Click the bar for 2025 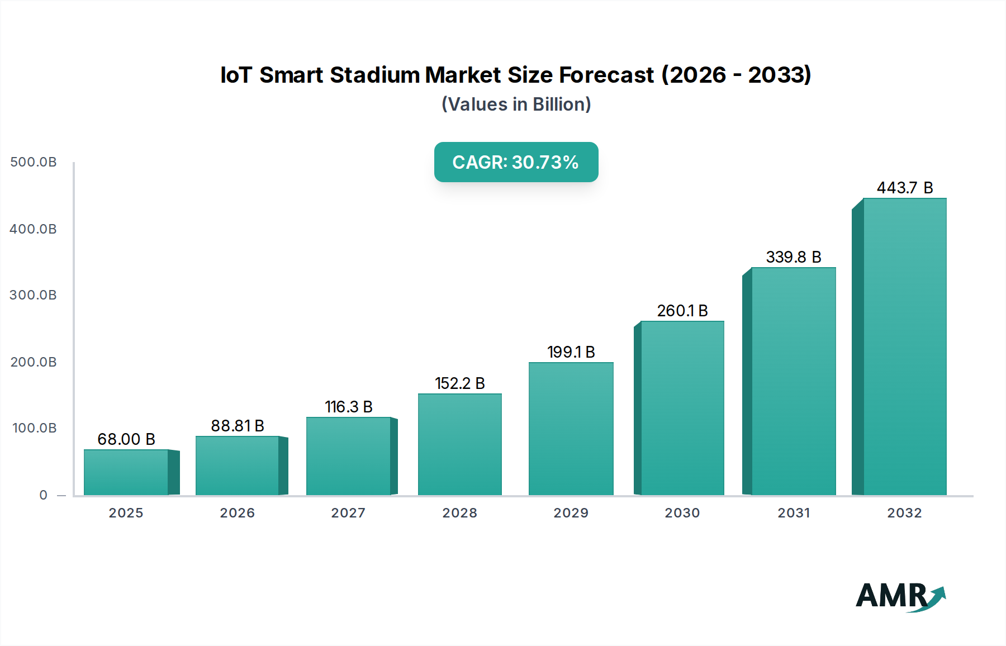(x=126, y=472)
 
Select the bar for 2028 (x=460, y=444)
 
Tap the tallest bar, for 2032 (x=904, y=346)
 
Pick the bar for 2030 (x=682, y=408)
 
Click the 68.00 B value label (x=126, y=439)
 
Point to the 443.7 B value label (x=904, y=188)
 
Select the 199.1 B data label (x=571, y=352)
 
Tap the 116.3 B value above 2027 (x=348, y=407)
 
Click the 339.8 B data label (x=793, y=257)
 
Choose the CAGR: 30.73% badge (x=516, y=162)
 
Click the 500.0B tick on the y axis (x=34, y=162)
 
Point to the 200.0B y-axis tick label (x=34, y=362)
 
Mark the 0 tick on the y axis (x=44, y=495)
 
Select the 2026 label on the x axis (x=237, y=513)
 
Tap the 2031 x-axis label (x=794, y=513)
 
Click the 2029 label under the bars (x=571, y=513)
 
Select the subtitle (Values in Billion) (x=516, y=104)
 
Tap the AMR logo (x=900, y=596)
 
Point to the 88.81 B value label (x=237, y=426)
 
